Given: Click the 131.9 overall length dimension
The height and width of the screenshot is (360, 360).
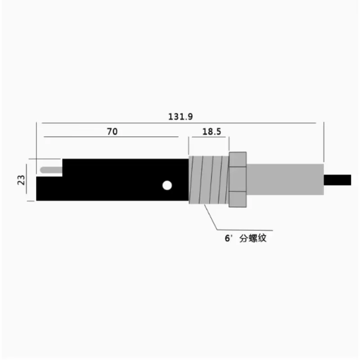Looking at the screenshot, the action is coord(180,117).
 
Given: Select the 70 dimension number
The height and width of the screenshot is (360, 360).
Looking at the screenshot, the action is coord(112,131).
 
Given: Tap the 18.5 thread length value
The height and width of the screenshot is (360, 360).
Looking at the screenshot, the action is coord(211,131).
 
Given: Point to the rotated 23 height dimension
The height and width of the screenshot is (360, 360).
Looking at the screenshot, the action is coord(21,180).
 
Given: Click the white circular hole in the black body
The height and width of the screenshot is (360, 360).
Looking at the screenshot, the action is coord(167,185).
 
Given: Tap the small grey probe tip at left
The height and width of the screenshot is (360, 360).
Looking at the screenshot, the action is coord(51,170).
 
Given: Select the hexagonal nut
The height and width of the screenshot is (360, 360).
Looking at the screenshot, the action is coord(238,180).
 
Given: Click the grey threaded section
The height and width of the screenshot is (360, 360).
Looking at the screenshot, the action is coord(209,180).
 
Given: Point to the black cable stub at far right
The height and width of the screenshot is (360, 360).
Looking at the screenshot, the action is coord(337,180).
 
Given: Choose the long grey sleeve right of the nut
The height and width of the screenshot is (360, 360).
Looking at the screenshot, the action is coord(285,180).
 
